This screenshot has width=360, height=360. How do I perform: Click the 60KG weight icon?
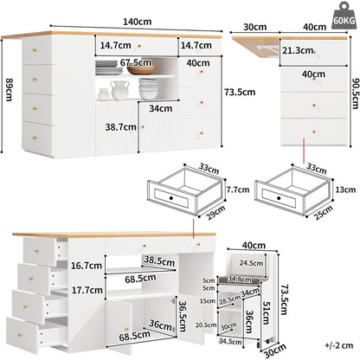[344, 16]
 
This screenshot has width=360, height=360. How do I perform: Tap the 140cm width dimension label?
[138, 22]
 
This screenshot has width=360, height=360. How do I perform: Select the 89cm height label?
[10, 89]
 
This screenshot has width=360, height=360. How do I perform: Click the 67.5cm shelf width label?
[136, 62]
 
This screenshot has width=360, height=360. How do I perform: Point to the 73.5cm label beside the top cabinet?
[240, 93]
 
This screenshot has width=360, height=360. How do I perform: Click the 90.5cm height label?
[356, 93]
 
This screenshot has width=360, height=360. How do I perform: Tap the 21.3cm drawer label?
[298, 51]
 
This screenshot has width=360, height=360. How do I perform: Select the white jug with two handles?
[120, 90]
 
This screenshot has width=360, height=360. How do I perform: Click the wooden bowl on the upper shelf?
[142, 69]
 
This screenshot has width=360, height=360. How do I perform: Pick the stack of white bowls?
[149, 89]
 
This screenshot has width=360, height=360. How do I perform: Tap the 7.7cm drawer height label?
[238, 190]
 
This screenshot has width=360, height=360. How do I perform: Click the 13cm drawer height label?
[345, 190]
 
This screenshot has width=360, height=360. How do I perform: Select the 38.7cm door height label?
[120, 127]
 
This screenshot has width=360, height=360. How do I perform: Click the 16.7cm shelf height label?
[87, 266]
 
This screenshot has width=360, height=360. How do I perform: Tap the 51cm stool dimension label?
[266, 313]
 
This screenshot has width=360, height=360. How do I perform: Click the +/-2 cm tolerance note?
[339, 345]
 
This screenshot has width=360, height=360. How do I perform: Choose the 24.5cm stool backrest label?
[251, 263]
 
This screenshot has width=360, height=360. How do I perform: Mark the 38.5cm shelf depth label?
[159, 260]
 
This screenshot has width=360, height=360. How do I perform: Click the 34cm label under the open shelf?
[161, 108]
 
